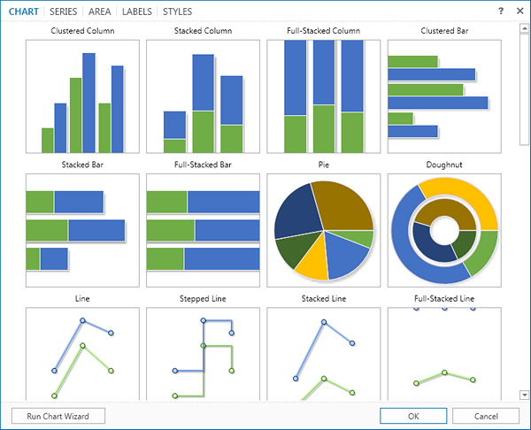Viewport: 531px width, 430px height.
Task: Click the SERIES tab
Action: (63, 12)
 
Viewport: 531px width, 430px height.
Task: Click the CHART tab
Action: (24, 12)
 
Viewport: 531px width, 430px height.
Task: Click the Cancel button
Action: (486, 415)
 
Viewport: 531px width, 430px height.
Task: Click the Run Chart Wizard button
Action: (58, 415)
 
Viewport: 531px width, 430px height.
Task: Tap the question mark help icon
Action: (501, 12)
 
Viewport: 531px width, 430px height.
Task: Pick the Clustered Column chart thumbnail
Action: (82, 96)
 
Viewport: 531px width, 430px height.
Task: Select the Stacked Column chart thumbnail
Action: (203, 96)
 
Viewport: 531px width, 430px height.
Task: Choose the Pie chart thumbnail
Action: (323, 230)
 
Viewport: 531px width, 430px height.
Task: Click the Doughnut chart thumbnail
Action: (443, 230)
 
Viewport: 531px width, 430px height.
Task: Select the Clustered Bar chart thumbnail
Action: (443, 96)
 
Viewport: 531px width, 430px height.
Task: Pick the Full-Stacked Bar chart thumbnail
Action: (203, 230)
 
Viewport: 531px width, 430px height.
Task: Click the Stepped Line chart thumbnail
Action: (203, 354)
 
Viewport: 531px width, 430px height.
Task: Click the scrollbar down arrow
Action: (524, 395)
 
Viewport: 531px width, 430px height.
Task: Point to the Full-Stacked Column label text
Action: (323, 31)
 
